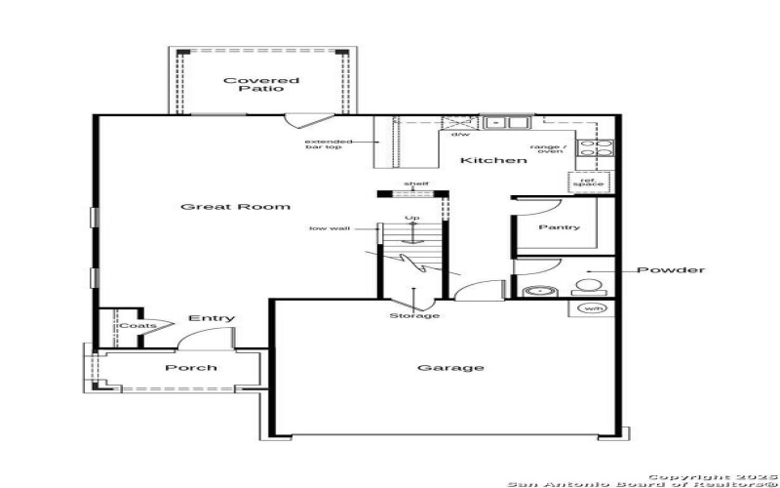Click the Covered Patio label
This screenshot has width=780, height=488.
point(261,84)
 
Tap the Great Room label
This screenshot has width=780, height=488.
point(236,207)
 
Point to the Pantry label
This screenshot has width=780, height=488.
point(559,227)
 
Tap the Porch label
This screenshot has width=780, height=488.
point(191,368)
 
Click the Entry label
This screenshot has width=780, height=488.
point(212,319)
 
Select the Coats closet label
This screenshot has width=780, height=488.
point(131,327)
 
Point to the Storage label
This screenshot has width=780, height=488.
point(414,316)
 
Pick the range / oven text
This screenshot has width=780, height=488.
point(546,149)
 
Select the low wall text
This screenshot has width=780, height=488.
point(330,229)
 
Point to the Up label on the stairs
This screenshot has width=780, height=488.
point(412,218)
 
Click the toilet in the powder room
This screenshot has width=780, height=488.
point(588,287)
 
